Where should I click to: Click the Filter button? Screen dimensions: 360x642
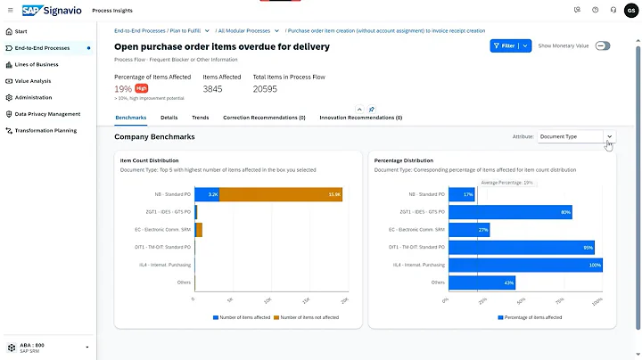[x=505, y=45]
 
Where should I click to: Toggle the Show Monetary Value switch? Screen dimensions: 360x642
[x=603, y=45]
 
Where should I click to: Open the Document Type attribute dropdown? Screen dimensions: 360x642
[x=576, y=137]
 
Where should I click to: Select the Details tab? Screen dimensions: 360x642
[x=169, y=118]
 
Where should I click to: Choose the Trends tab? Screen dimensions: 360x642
[x=201, y=118]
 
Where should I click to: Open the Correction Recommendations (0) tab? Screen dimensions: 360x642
[x=264, y=118]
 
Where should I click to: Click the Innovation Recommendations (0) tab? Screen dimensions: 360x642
[x=357, y=118]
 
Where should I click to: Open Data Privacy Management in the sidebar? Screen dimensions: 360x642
[x=47, y=114]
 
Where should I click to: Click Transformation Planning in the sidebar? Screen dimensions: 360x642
[x=45, y=131]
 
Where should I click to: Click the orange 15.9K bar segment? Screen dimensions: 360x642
[x=280, y=194]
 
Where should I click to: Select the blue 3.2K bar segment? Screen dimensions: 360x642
[x=207, y=194]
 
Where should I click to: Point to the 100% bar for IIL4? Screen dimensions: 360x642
[x=525, y=265]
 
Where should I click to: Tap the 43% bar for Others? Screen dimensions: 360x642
[x=481, y=282]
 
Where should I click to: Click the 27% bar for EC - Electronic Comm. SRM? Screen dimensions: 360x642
[x=469, y=230]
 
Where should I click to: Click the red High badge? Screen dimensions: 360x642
[x=141, y=88]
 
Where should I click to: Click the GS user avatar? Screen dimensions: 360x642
[x=630, y=10]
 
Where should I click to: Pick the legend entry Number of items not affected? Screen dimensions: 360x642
[x=307, y=317]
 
